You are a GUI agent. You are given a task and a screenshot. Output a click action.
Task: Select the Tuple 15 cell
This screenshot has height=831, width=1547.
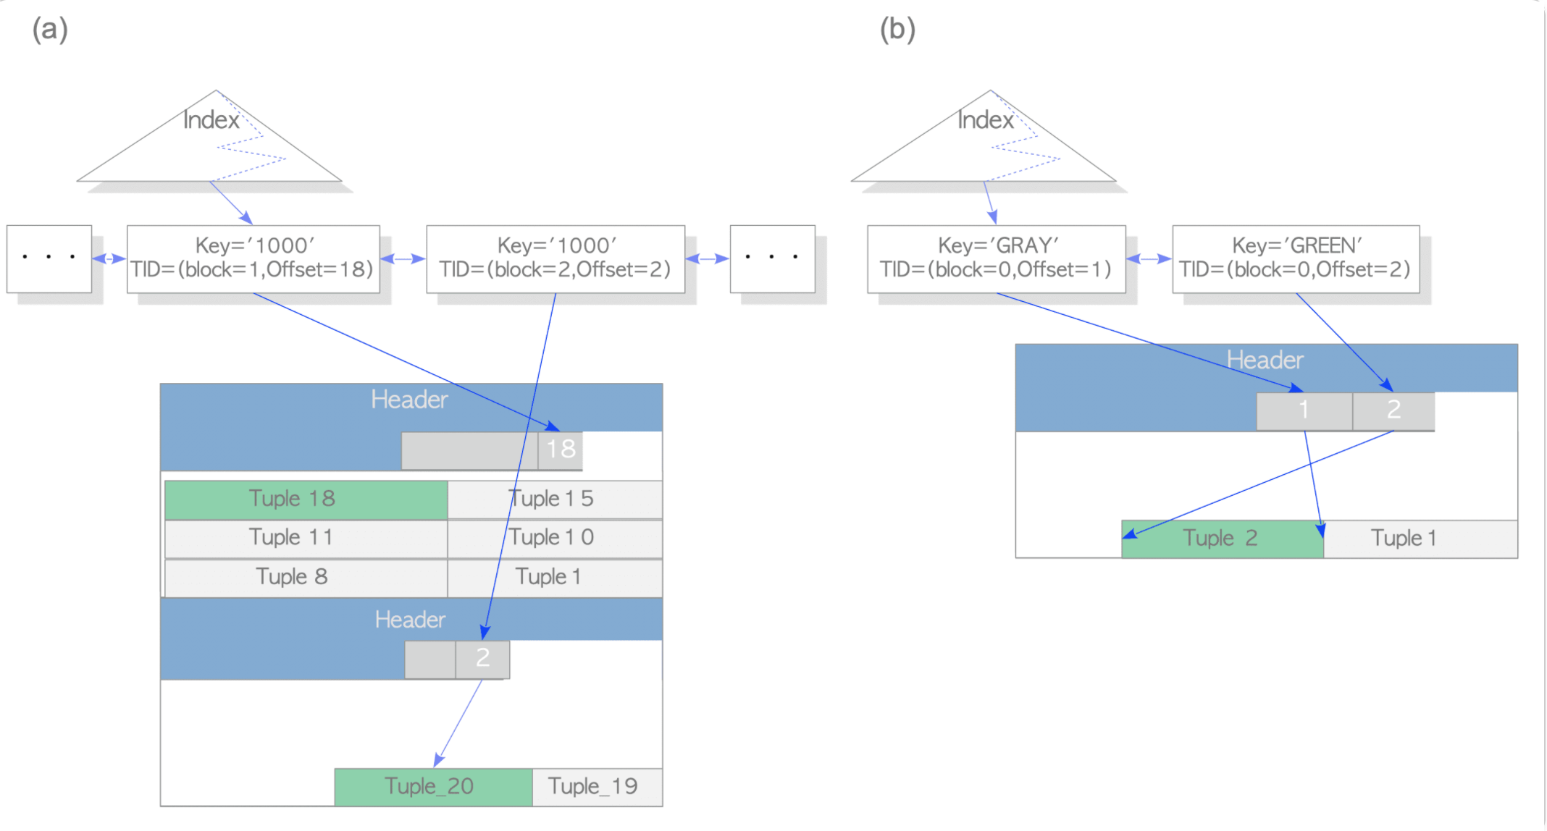555,499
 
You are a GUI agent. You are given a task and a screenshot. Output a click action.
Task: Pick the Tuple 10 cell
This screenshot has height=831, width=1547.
555,539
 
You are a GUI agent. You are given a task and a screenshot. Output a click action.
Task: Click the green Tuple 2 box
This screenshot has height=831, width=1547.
1222,539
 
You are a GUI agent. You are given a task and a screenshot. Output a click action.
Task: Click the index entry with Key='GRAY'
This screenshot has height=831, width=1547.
996,258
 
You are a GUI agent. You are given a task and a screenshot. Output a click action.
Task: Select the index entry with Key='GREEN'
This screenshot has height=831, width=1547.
1295,258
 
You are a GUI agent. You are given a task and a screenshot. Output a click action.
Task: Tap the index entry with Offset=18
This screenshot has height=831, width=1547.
253,258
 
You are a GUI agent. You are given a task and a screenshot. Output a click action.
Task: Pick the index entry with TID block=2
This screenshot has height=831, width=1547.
555,258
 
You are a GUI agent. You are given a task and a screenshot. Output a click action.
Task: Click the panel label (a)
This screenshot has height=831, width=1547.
50,30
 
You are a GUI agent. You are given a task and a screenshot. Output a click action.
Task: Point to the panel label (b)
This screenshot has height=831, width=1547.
897,30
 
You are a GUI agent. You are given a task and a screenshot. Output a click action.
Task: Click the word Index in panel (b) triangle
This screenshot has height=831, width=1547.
985,120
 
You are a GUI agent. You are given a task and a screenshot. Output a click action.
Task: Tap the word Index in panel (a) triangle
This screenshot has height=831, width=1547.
211,120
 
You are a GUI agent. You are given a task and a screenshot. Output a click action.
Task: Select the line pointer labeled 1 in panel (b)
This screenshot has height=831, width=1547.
1304,410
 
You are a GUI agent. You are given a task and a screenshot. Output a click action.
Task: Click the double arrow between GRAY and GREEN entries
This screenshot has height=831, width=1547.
1149,258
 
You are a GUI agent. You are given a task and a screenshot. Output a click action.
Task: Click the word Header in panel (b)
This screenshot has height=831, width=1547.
1265,360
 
